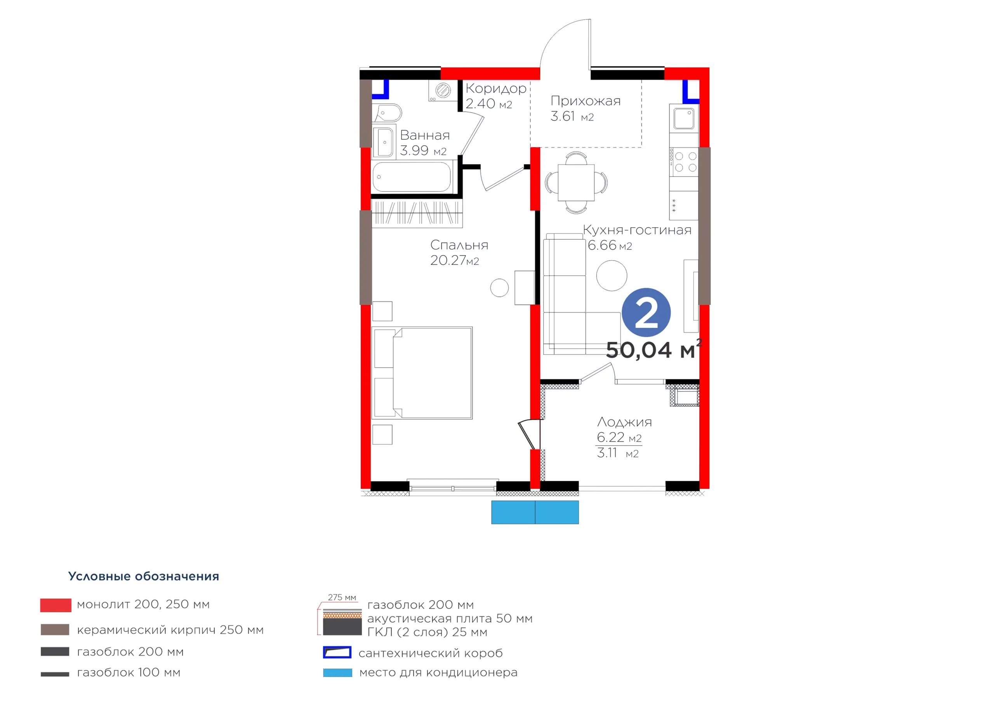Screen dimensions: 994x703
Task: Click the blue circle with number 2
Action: [x=646, y=312]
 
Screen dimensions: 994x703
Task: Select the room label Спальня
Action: [x=459, y=245]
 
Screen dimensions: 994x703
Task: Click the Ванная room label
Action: [x=425, y=135]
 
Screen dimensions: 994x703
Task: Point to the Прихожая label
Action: [x=585, y=101]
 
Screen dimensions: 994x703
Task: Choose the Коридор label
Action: [x=496, y=89]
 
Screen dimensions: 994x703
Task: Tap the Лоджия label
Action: [x=624, y=422]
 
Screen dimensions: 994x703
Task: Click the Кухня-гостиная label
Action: [x=637, y=230]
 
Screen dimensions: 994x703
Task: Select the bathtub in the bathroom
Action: [x=412, y=177]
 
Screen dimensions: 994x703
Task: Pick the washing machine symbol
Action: [x=443, y=90]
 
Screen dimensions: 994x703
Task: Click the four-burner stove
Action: [x=684, y=162]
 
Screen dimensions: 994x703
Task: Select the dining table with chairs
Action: [x=576, y=183]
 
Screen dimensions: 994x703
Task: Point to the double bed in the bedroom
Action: [x=422, y=373]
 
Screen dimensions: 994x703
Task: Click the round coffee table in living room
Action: [x=611, y=275]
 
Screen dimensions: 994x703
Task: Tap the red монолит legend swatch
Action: [x=56, y=605]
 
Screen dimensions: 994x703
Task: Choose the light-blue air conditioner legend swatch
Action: [x=338, y=673]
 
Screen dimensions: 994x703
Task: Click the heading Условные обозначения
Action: [x=144, y=576]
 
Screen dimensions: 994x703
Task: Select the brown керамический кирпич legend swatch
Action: [x=55, y=629]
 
